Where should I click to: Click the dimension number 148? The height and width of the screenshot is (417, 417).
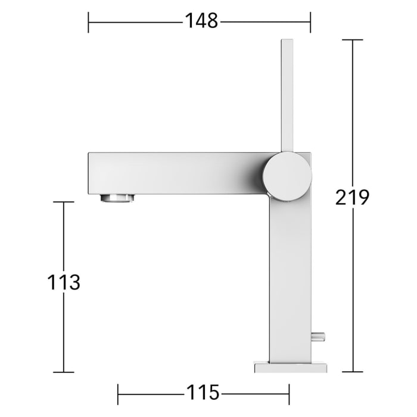(201, 21)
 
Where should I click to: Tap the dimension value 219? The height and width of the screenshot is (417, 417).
(352, 197)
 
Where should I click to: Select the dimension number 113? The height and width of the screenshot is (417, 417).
(64, 282)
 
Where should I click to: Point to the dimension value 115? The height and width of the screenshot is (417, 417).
(203, 393)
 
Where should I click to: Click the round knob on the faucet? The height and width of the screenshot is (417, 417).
(287, 176)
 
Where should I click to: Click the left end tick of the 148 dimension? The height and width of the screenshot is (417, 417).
(88, 22)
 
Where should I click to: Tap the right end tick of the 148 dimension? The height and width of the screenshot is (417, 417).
(310, 22)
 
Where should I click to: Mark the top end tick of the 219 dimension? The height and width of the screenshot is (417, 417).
(353, 40)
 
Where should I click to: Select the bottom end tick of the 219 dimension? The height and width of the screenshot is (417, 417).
(353, 372)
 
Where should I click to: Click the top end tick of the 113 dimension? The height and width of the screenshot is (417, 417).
(64, 202)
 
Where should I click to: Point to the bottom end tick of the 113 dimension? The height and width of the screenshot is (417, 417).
(64, 372)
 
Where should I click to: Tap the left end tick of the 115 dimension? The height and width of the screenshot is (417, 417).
(118, 394)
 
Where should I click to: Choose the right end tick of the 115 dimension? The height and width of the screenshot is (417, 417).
(289, 394)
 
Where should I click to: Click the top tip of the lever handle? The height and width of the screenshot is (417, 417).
(287, 41)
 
